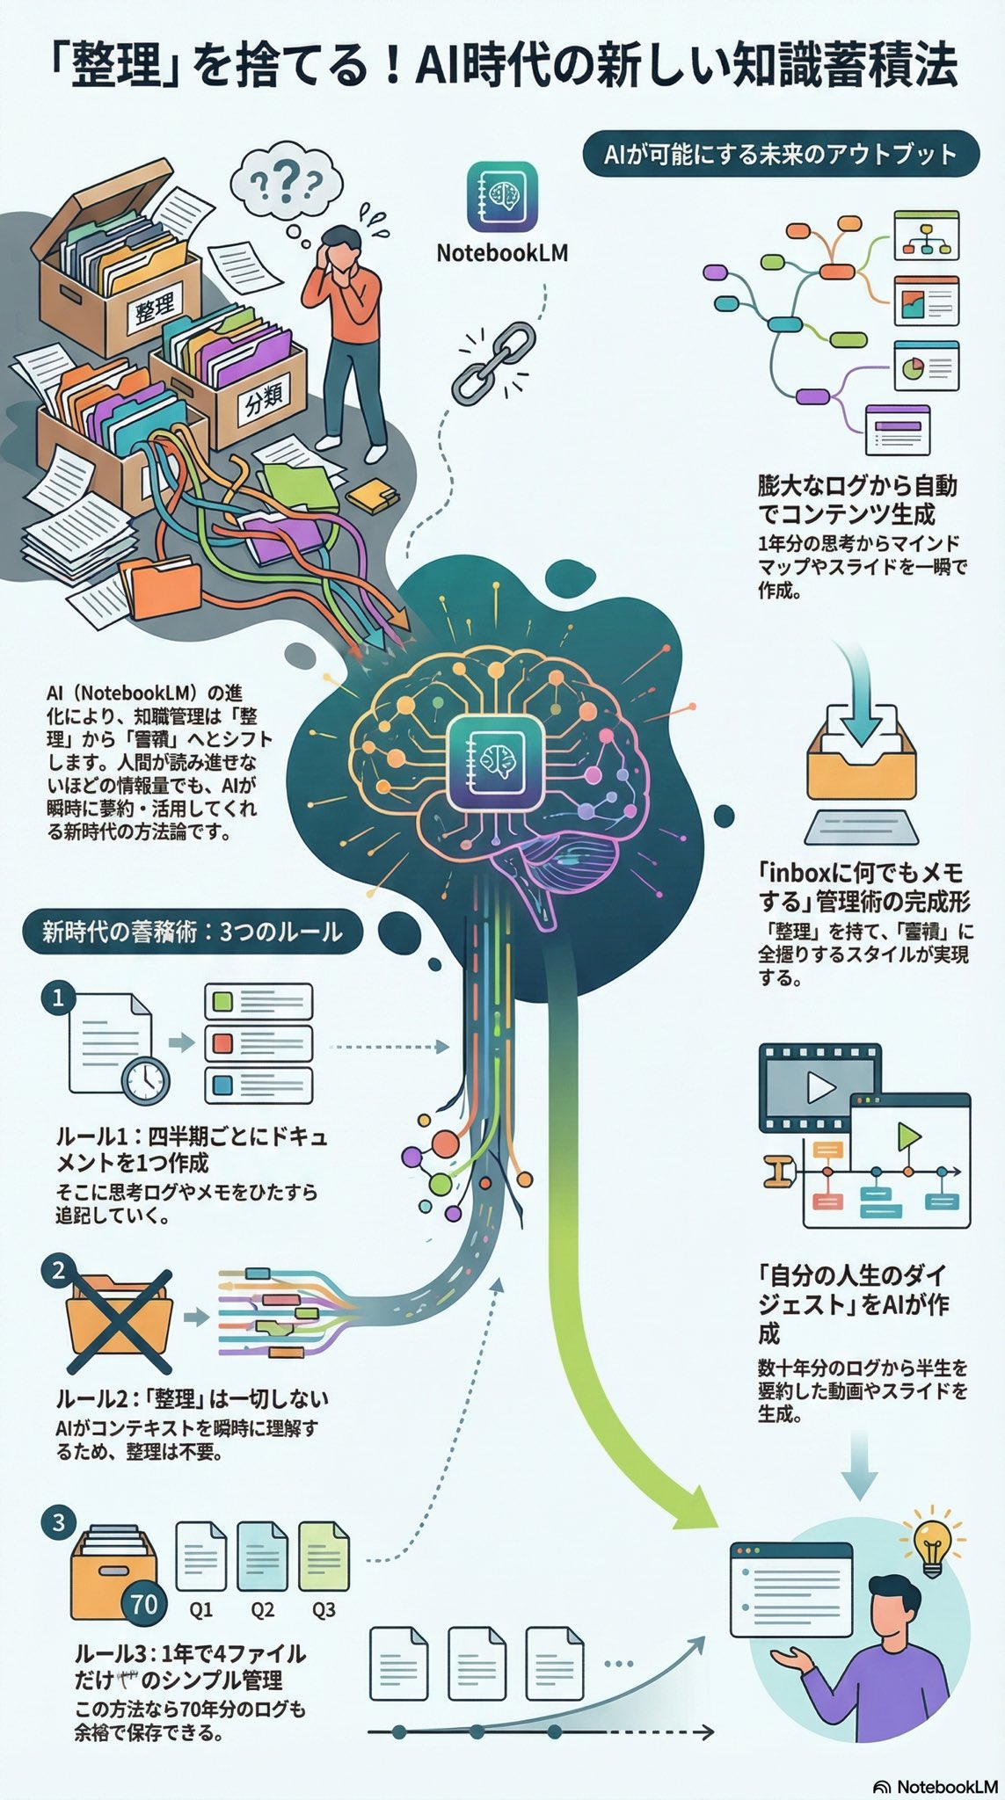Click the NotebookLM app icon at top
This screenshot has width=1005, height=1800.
click(x=502, y=196)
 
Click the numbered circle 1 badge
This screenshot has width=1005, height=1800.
click(x=59, y=998)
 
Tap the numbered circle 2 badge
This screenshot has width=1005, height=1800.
click(x=59, y=1270)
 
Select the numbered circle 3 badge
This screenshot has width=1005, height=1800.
click(x=59, y=1521)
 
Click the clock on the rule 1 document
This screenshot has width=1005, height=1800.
click(x=145, y=1080)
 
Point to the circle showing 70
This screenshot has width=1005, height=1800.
click(x=143, y=1604)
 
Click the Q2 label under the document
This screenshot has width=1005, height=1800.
click(x=262, y=1609)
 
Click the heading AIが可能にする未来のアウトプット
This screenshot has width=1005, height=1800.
click(x=780, y=155)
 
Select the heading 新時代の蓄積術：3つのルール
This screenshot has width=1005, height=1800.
click(x=192, y=932)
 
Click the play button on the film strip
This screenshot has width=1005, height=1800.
click(x=820, y=1088)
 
